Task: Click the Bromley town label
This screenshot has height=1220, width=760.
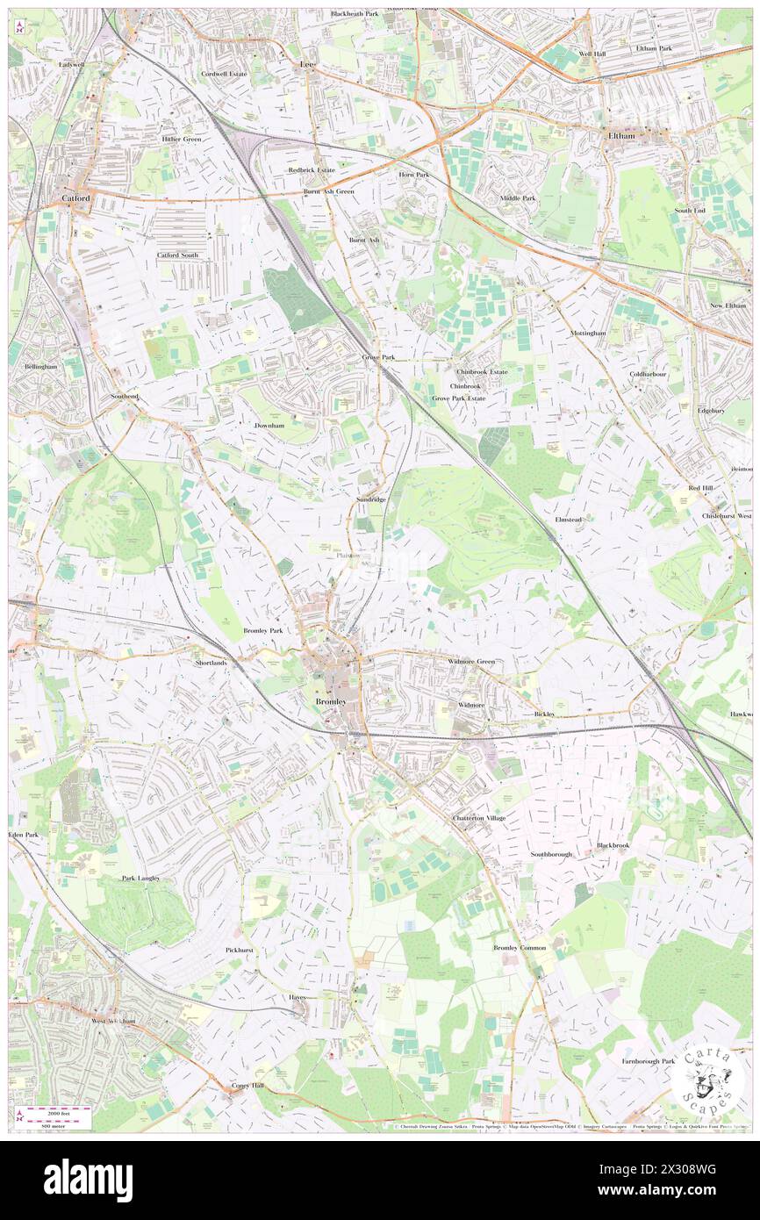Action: point(331,703)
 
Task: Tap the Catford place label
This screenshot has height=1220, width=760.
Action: point(76,199)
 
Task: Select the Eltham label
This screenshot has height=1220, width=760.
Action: point(621,137)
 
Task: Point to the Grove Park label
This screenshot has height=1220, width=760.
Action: point(378,358)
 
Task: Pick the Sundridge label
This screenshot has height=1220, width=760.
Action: point(371,499)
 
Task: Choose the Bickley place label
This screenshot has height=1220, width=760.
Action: point(544,714)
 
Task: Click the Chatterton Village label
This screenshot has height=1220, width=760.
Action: point(479,818)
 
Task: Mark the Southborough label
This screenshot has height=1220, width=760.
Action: point(550,854)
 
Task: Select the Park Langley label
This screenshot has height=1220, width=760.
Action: point(141,878)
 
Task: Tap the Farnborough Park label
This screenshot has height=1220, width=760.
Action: point(644,1061)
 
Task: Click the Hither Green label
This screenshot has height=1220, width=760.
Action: point(182,140)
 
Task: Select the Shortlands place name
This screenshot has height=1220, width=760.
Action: point(212,664)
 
